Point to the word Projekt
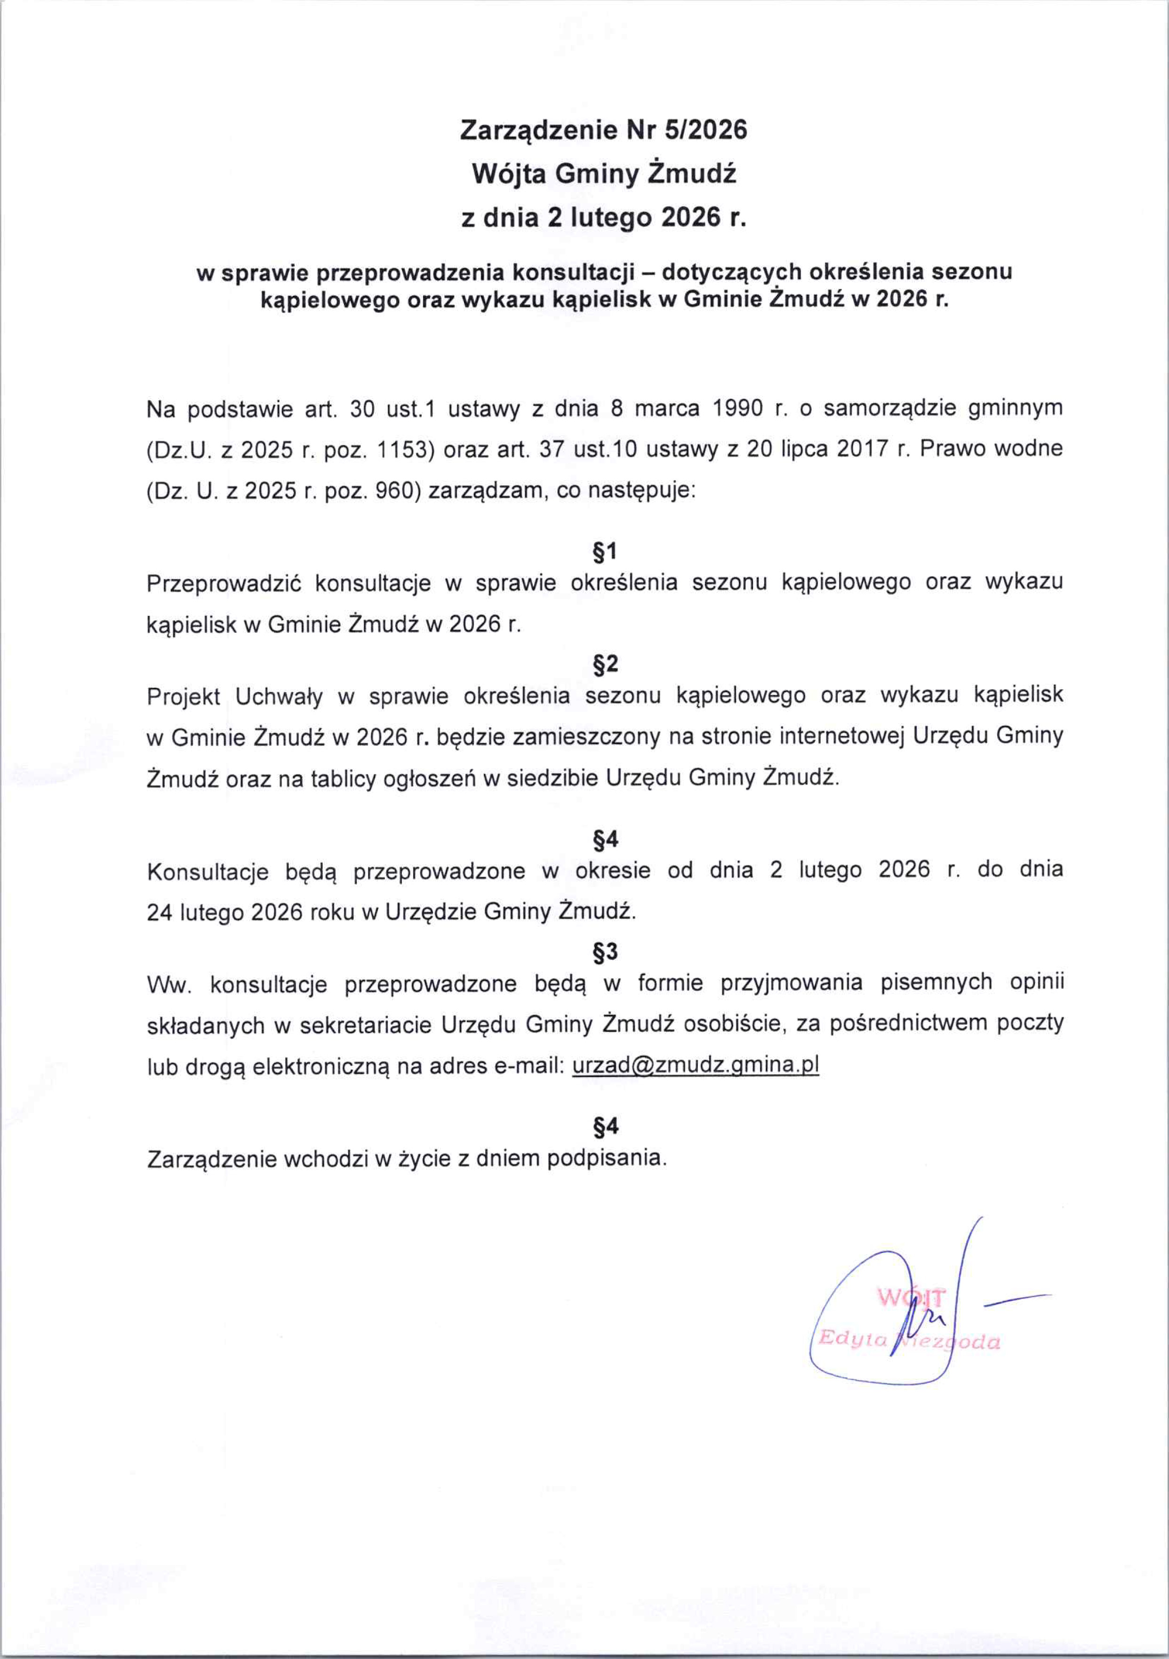click(x=183, y=696)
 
